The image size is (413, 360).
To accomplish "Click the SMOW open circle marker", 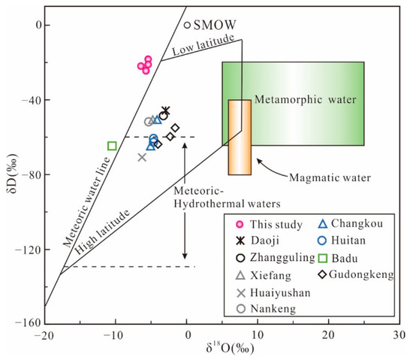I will (x=187, y=25).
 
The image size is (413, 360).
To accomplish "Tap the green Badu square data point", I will (x=112, y=146).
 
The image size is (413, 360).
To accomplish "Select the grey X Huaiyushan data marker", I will (x=142, y=157).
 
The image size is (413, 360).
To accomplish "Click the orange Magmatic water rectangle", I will (x=240, y=137).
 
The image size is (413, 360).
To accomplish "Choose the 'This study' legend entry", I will (x=268, y=224).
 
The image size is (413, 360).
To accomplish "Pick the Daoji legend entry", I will (x=261, y=241).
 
